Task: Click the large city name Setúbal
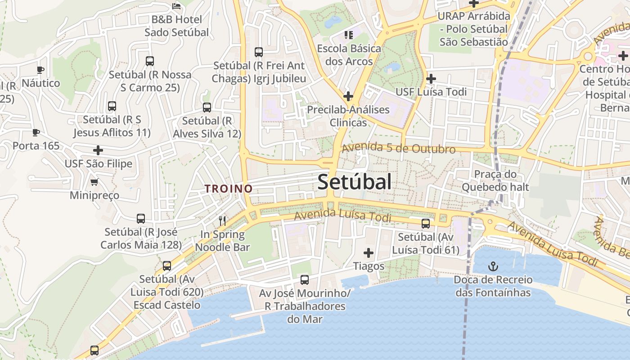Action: (x=354, y=182)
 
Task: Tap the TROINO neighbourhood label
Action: (x=229, y=189)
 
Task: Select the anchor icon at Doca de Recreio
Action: (x=493, y=266)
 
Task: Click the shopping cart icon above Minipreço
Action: (x=94, y=182)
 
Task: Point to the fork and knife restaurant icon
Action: (x=222, y=220)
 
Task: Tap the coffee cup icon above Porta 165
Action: (x=36, y=132)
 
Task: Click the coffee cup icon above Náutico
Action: (x=40, y=70)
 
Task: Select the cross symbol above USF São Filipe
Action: (x=98, y=150)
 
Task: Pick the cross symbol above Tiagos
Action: (x=369, y=253)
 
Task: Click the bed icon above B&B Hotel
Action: (x=176, y=6)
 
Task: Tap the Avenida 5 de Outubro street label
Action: (x=398, y=148)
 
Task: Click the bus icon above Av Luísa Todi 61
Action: (x=425, y=223)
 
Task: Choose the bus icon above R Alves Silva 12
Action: (x=207, y=108)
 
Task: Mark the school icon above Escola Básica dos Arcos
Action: (x=349, y=35)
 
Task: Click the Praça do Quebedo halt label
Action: (x=495, y=180)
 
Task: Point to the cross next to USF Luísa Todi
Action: (x=431, y=79)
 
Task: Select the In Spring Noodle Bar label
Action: (x=222, y=241)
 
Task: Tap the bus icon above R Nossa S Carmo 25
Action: (x=150, y=61)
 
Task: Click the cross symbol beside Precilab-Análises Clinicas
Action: (x=348, y=96)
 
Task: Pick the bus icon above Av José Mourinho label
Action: (x=305, y=280)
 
